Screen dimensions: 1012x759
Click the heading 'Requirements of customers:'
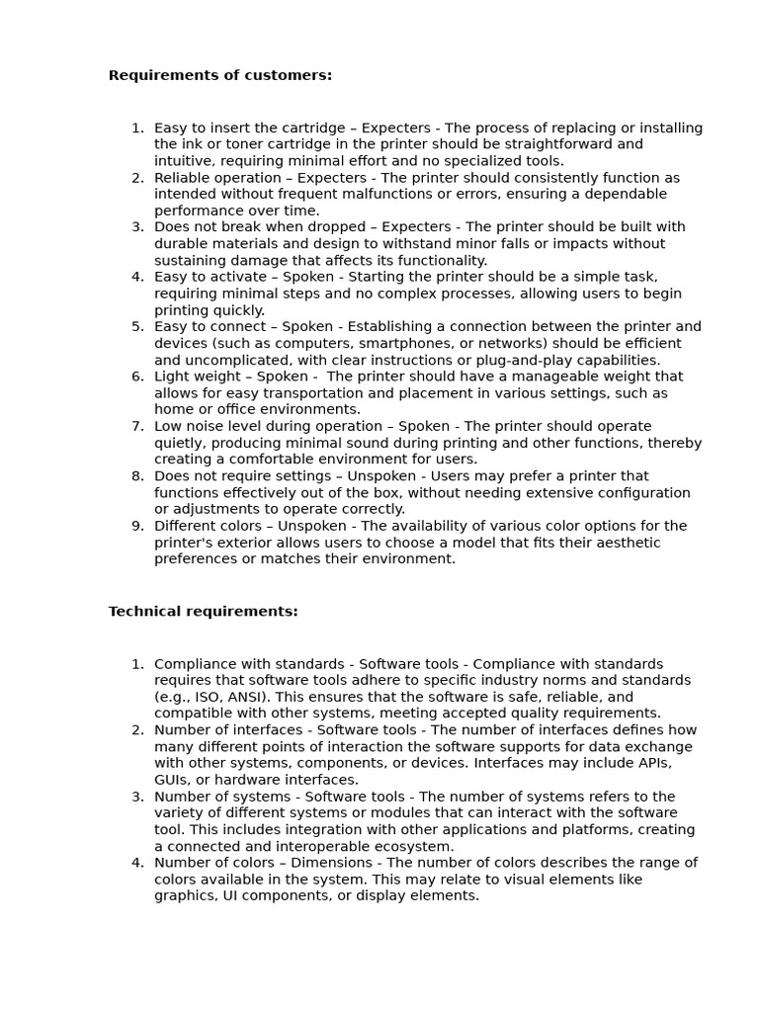coord(219,75)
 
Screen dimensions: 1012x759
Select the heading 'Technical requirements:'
coord(203,612)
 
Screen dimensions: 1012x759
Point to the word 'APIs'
coord(656,763)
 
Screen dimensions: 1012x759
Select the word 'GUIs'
coord(172,780)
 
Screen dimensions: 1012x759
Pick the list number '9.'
coord(137,526)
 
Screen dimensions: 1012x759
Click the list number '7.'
coord(137,426)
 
